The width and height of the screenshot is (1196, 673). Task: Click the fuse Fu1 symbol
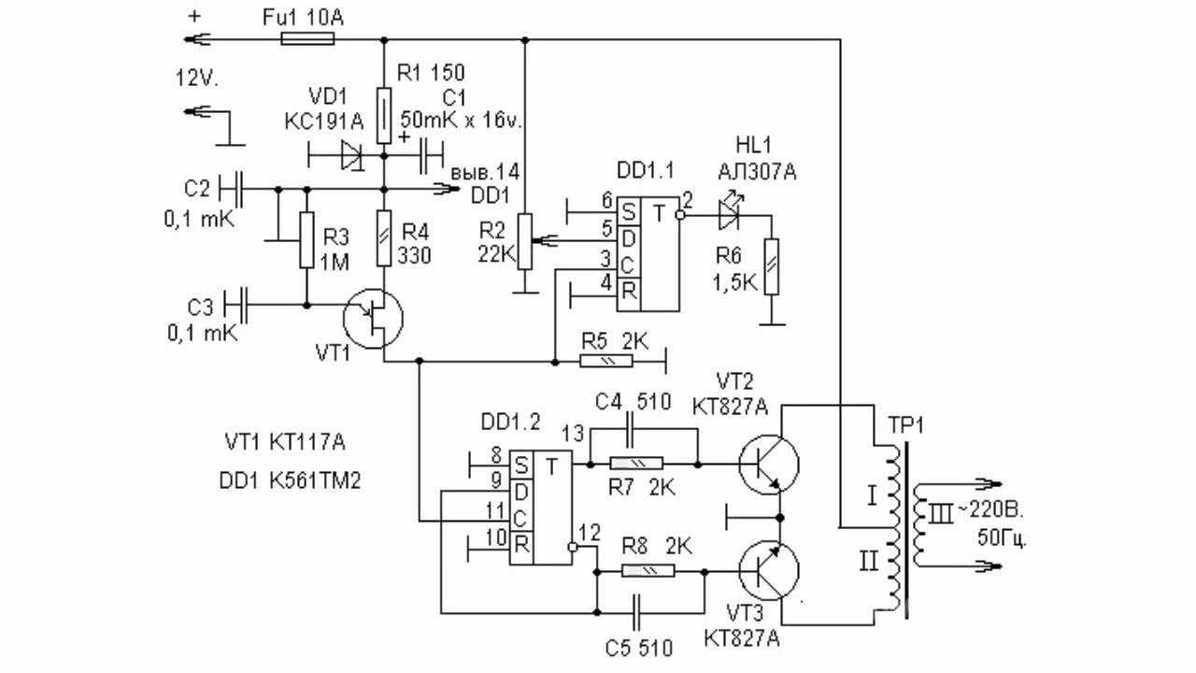[307, 39]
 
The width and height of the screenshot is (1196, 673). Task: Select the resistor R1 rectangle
[383, 114]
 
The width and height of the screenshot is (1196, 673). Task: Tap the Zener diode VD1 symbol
[352, 154]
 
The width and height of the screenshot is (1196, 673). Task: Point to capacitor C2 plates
[237, 188]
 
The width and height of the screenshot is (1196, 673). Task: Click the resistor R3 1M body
[306, 239]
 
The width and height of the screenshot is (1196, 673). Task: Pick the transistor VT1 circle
[372, 319]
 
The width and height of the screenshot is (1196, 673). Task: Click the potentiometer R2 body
[524, 240]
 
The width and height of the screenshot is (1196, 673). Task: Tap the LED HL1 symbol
[730, 216]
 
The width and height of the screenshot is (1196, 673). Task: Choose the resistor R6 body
[771, 266]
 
